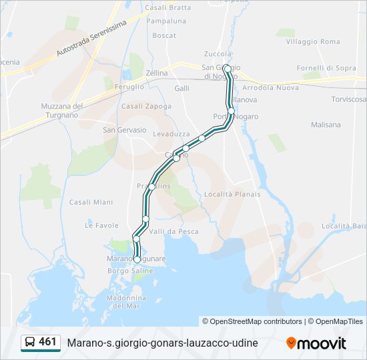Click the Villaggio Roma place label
[x=313, y=41]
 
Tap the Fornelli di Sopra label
[x=326, y=68]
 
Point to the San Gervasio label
[x=124, y=130]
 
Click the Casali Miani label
[x=91, y=202]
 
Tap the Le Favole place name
[x=101, y=225]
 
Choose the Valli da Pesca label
[x=173, y=231]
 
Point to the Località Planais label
[x=233, y=194]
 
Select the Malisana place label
[x=326, y=125]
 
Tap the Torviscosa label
[x=348, y=99]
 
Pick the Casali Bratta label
[x=167, y=7]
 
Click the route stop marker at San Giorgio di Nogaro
[x=228, y=69]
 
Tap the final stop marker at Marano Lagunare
[x=137, y=259]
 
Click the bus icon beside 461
[x=29, y=343]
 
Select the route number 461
[x=47, y=342]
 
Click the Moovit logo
[x=316, y=343]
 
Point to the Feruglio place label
[x=129, y=87]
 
